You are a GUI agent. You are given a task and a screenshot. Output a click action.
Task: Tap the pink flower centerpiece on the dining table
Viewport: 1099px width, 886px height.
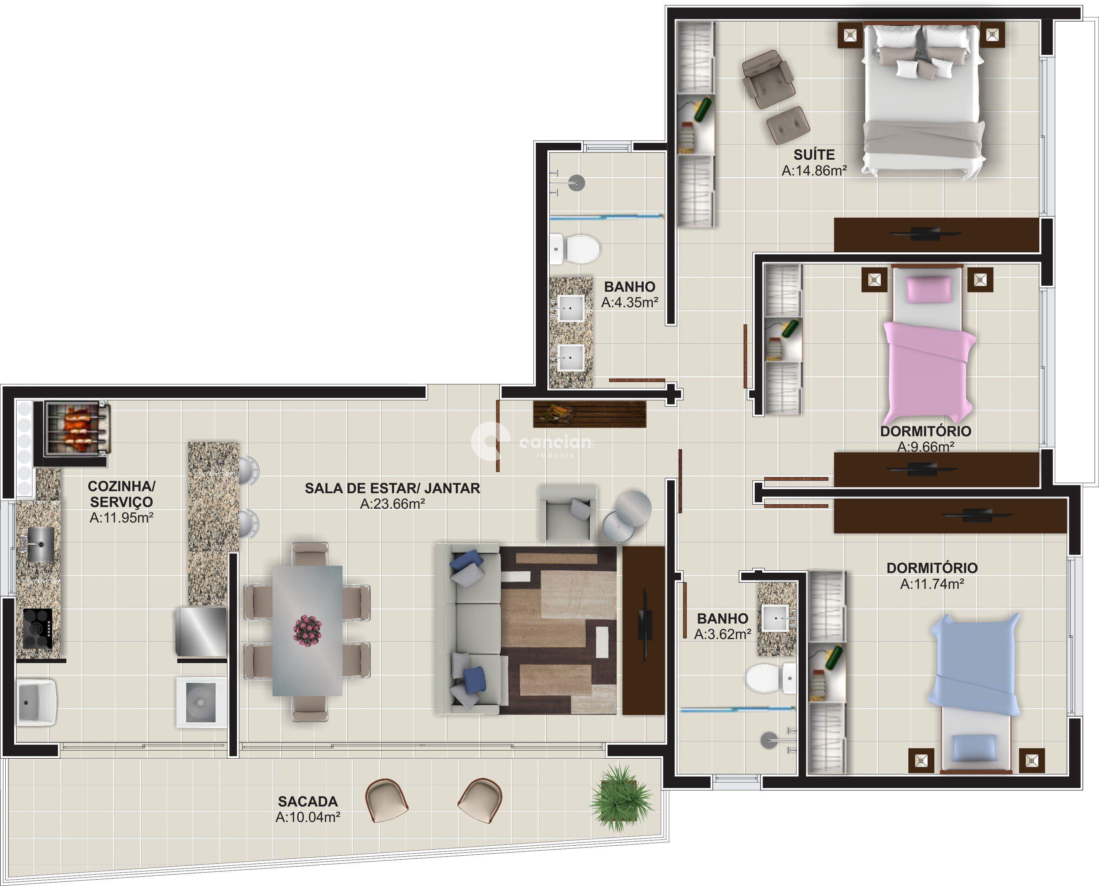(307, 630)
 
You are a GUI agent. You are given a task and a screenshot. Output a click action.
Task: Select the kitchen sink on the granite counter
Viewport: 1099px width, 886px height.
(41, 544)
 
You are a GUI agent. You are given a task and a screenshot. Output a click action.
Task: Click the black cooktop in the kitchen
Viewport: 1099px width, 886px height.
(38, 629)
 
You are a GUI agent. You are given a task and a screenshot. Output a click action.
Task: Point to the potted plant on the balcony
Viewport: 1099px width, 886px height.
(621, 800)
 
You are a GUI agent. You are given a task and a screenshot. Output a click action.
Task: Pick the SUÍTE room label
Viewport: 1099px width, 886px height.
(814, 155)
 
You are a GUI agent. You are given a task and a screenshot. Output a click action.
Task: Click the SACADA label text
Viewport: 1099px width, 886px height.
(308, 801)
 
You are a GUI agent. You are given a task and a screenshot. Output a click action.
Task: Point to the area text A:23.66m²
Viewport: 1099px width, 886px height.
(393, 504)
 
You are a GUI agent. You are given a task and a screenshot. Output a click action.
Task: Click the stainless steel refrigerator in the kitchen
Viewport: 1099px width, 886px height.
(201, 631)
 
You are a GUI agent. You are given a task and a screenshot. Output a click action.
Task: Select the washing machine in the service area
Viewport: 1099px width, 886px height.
(201, 702)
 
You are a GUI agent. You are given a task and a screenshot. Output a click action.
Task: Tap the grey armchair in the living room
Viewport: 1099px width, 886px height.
(568, 513)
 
